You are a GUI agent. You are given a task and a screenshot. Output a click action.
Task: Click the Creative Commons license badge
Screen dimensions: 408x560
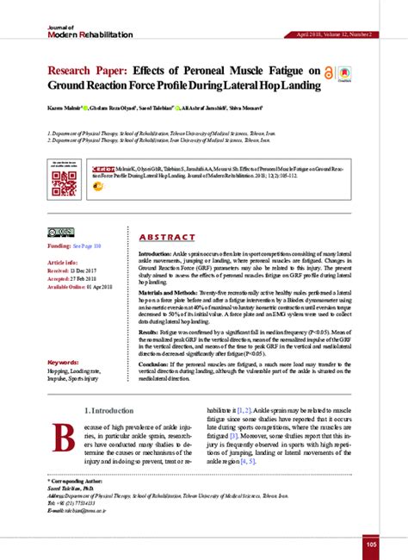coord(61,233)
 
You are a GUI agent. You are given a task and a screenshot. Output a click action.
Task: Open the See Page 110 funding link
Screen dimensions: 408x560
coord(88,246)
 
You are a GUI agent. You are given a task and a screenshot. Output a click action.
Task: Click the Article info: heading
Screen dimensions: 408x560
coord(63,261)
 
